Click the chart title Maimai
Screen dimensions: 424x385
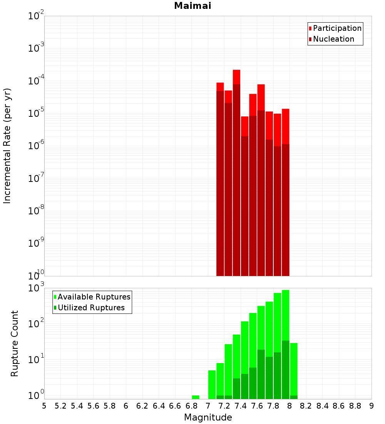[x=192, y=6]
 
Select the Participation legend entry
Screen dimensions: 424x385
[x=337, y=28]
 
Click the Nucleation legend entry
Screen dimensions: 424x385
[x=333, y=39]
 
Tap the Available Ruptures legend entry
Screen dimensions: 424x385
[x=94, y=297]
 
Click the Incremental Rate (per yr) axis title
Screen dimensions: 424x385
[x=7, y=146]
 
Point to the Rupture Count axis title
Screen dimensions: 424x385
[x=15, y=343]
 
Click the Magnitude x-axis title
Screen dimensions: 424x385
[x=208, y=417]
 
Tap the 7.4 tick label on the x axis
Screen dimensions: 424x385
[x=241, y=406]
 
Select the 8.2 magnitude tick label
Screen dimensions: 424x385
[x=306, y=406]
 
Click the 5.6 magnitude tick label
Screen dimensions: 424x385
[x=93, y=406]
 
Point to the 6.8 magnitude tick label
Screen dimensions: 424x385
[x=191, y=406]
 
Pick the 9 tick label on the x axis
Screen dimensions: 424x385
[x=372, y=406]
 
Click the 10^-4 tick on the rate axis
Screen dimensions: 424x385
[x=36, y=81]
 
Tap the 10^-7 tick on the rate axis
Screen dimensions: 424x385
[x=36, y=178]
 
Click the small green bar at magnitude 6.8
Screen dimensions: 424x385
[x=196, y=397]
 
